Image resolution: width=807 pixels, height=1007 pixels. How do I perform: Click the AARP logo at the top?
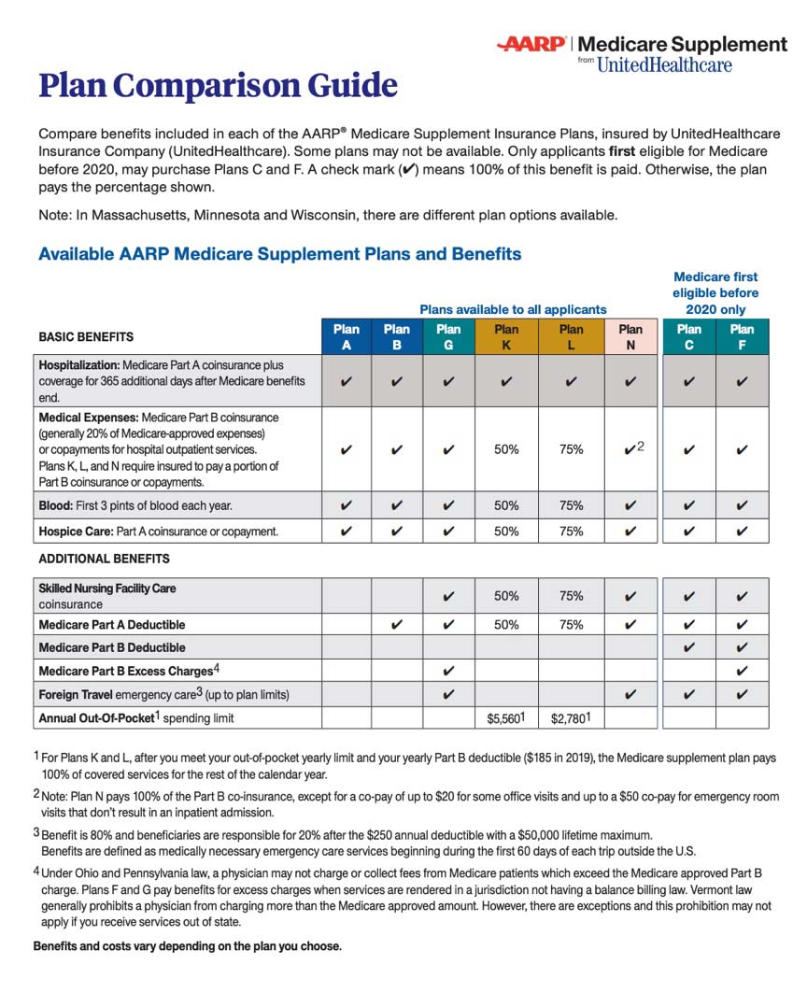coord(533,44)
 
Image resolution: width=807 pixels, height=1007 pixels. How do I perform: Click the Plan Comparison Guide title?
coord(218,86)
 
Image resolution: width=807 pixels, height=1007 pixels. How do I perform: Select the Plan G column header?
coord(448,336)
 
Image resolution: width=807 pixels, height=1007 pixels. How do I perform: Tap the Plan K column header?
coord(506,336)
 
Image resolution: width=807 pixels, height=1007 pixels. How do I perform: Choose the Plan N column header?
coord(630,336)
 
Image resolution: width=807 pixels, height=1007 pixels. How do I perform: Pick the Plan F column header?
coord(742,336)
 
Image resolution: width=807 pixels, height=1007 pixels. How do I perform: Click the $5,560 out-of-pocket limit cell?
coord(506,718)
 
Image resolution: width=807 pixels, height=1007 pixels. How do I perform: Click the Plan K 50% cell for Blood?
coord(506,505)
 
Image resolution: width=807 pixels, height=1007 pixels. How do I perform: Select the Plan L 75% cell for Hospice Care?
coord(571,531)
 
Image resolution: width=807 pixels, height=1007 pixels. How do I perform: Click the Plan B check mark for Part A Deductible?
coord(397,624)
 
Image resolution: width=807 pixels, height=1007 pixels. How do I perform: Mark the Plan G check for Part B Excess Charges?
coord(448,671)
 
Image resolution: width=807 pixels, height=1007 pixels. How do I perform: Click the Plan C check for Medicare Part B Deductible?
coord(688,647)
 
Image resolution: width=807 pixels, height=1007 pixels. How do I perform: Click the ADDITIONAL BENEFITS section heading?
coord(104,559)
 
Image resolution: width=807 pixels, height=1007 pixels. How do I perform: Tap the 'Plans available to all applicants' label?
coord(513,309)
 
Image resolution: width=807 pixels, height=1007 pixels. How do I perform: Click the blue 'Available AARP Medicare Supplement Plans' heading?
coord(279,254)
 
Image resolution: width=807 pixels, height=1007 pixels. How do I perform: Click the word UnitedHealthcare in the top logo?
coord(664,64)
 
